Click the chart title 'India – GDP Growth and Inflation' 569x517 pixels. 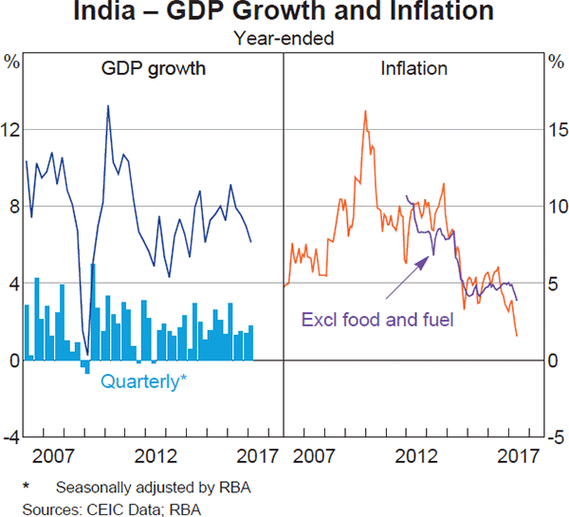(x=284, y=13)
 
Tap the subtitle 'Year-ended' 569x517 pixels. (x=284, y=39)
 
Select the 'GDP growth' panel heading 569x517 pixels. (x=154, y=69)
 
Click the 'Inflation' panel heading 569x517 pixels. (x=413, y=69)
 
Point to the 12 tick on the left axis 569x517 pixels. (x=12, y=129)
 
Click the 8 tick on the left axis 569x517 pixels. (x=12, y=207)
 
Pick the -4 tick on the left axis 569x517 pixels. (x=12, y=437)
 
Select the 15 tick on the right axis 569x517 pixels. (x=557, y=129)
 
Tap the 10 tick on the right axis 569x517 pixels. (x=557, y=207)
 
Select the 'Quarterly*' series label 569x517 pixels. (x=143, y=382)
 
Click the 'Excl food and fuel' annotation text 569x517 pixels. (x=377, y=319)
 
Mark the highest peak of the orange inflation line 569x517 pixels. (x=365, y=111)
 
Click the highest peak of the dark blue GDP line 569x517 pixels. (x=107, y=105)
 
